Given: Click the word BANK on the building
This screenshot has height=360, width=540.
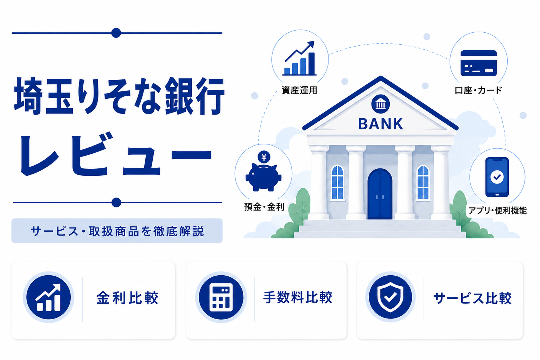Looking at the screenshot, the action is [380, 124].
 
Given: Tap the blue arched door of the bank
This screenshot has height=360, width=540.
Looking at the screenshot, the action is [380, 194].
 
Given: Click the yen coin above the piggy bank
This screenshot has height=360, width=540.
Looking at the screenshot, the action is [264, 157].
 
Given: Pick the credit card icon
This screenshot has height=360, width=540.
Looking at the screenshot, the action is [478, 63].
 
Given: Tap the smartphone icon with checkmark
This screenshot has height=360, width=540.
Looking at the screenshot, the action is [497, 177].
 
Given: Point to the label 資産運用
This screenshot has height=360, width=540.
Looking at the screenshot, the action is [299, 90].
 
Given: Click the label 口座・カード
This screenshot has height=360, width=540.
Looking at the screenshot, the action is [478, 90].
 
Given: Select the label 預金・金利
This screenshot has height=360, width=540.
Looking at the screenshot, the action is [264, 207].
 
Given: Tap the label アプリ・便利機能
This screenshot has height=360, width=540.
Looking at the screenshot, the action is [497, 210].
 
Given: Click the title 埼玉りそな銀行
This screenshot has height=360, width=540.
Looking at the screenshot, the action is [119, 96].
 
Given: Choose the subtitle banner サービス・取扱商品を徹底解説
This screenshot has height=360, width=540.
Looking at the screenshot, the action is [117, 231].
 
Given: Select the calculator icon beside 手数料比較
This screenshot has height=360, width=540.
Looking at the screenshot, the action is [221, 297].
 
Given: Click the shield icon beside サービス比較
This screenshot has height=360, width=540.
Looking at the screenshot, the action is [390, 297].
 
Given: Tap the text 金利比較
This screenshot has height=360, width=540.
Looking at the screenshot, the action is [127, 298].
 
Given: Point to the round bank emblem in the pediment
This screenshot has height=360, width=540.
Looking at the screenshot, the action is [381, 104].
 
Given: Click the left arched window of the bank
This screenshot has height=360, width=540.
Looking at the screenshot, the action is [337, 182].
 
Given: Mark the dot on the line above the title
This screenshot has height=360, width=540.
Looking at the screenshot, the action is [116, 33].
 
